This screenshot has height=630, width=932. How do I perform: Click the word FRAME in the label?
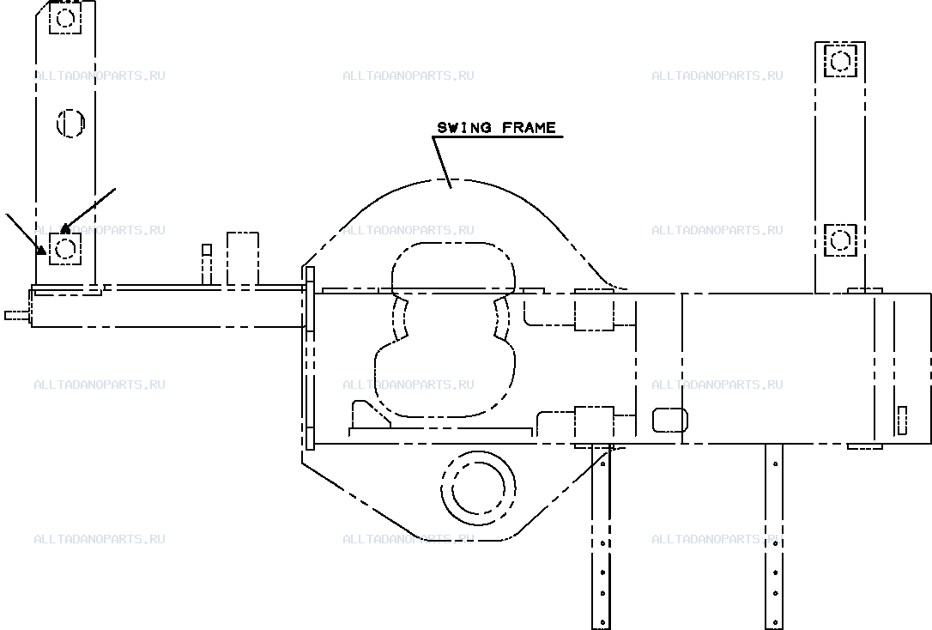pyautogui.click(x=529, y=128)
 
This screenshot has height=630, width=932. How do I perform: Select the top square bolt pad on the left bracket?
pyautogui.click(x=64, y=18)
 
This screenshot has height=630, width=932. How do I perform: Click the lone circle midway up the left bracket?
pyautogui.click(x=70, y=124)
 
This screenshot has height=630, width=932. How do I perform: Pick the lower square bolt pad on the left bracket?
pyautogui.click(x=64, y=249)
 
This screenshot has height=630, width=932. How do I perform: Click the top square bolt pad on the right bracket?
pyautogui.click(x=840, y=61)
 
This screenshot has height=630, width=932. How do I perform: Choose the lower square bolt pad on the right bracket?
pyautogui.click(x=840, y=240)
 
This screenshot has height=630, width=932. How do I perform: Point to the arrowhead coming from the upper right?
pyautogui.click(x=65, y=227)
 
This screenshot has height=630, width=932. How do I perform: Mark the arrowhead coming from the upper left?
pyautogui.click(x=41, y=251)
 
